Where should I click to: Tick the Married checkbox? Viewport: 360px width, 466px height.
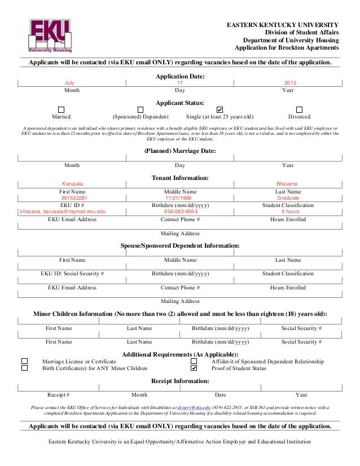pyautogui.click(x=62, y=109)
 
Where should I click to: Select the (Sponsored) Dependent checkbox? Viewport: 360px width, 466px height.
pyautogui.click(x=141, y=109)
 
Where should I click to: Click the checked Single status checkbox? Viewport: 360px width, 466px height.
pyautogui.click(x=219, y=109)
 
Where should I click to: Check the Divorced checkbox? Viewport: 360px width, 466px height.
pyautogui.click(x=299, y=109)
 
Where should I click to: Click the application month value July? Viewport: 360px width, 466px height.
pyautogui.click(x=70, y=83)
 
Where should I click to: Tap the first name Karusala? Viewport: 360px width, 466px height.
pyautogui.click(x=72, y=184)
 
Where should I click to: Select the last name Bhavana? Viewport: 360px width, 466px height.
pyautogui.click(x=287, y=184)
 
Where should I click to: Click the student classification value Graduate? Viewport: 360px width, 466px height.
pyautogui.click(x=288, y=198)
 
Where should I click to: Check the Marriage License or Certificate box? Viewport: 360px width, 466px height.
pyautogui.click(x=24, y=361)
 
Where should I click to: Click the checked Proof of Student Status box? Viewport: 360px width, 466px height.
pyautogui.click(x=194, y=368)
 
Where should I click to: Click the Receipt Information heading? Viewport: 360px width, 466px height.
pyautogui.click(x=180, y=381)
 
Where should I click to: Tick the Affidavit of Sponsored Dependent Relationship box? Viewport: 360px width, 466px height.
pyautogui.click(x=194, y=361)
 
